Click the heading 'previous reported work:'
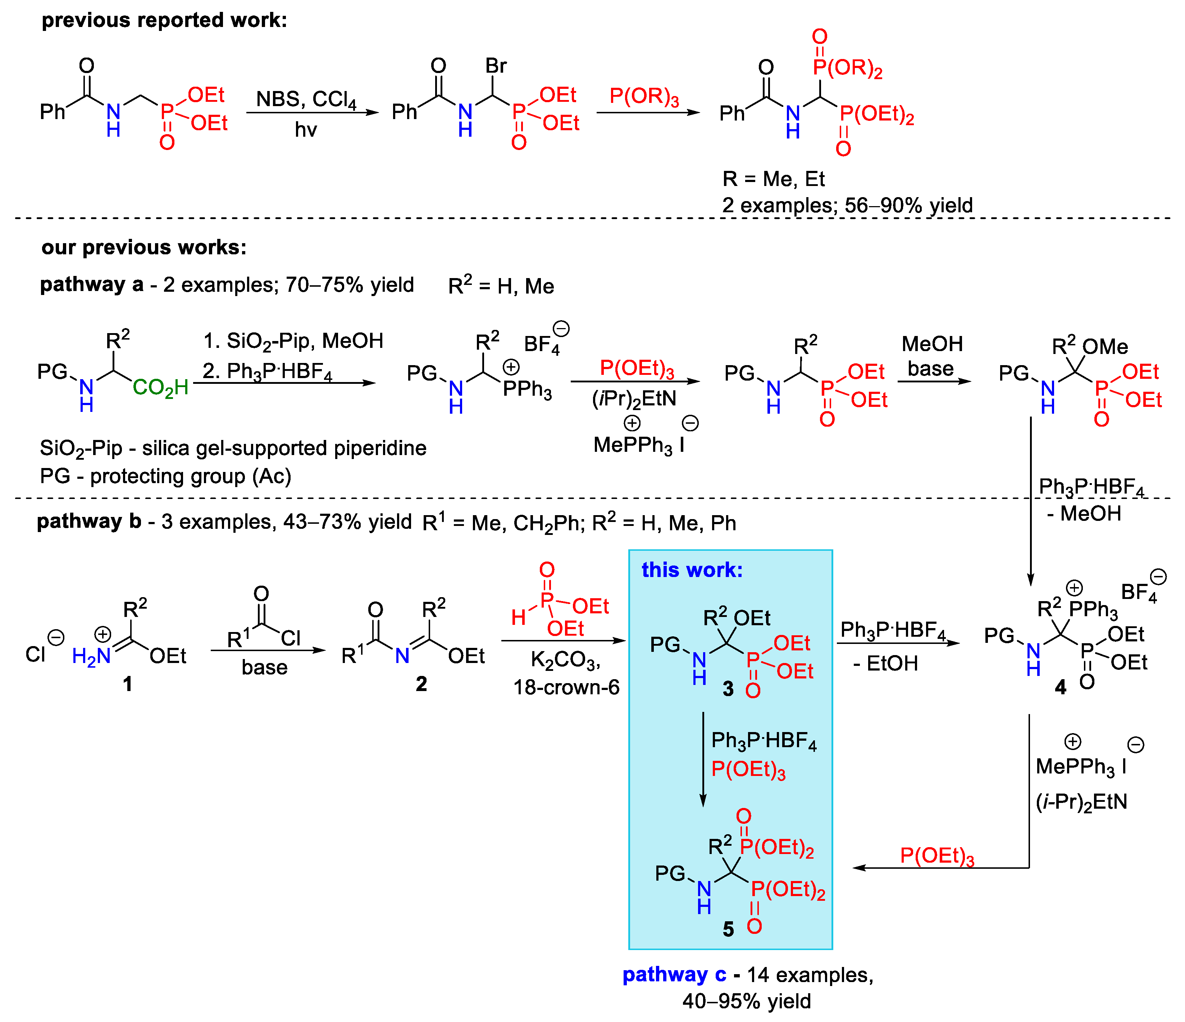coord(164,21)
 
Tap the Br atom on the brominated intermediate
coord(496,66)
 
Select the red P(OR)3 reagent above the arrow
coord(644,96)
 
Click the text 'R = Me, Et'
coord(773,180)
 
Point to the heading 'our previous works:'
coord(143,247)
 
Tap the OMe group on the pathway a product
coord(1105,346)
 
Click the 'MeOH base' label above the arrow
coord(932,356)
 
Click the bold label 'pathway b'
coord(88,522)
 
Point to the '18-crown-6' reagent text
coord(566,687)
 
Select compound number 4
coord(1060,687)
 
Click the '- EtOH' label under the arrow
coord(886,663)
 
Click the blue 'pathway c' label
coord(674,975)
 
